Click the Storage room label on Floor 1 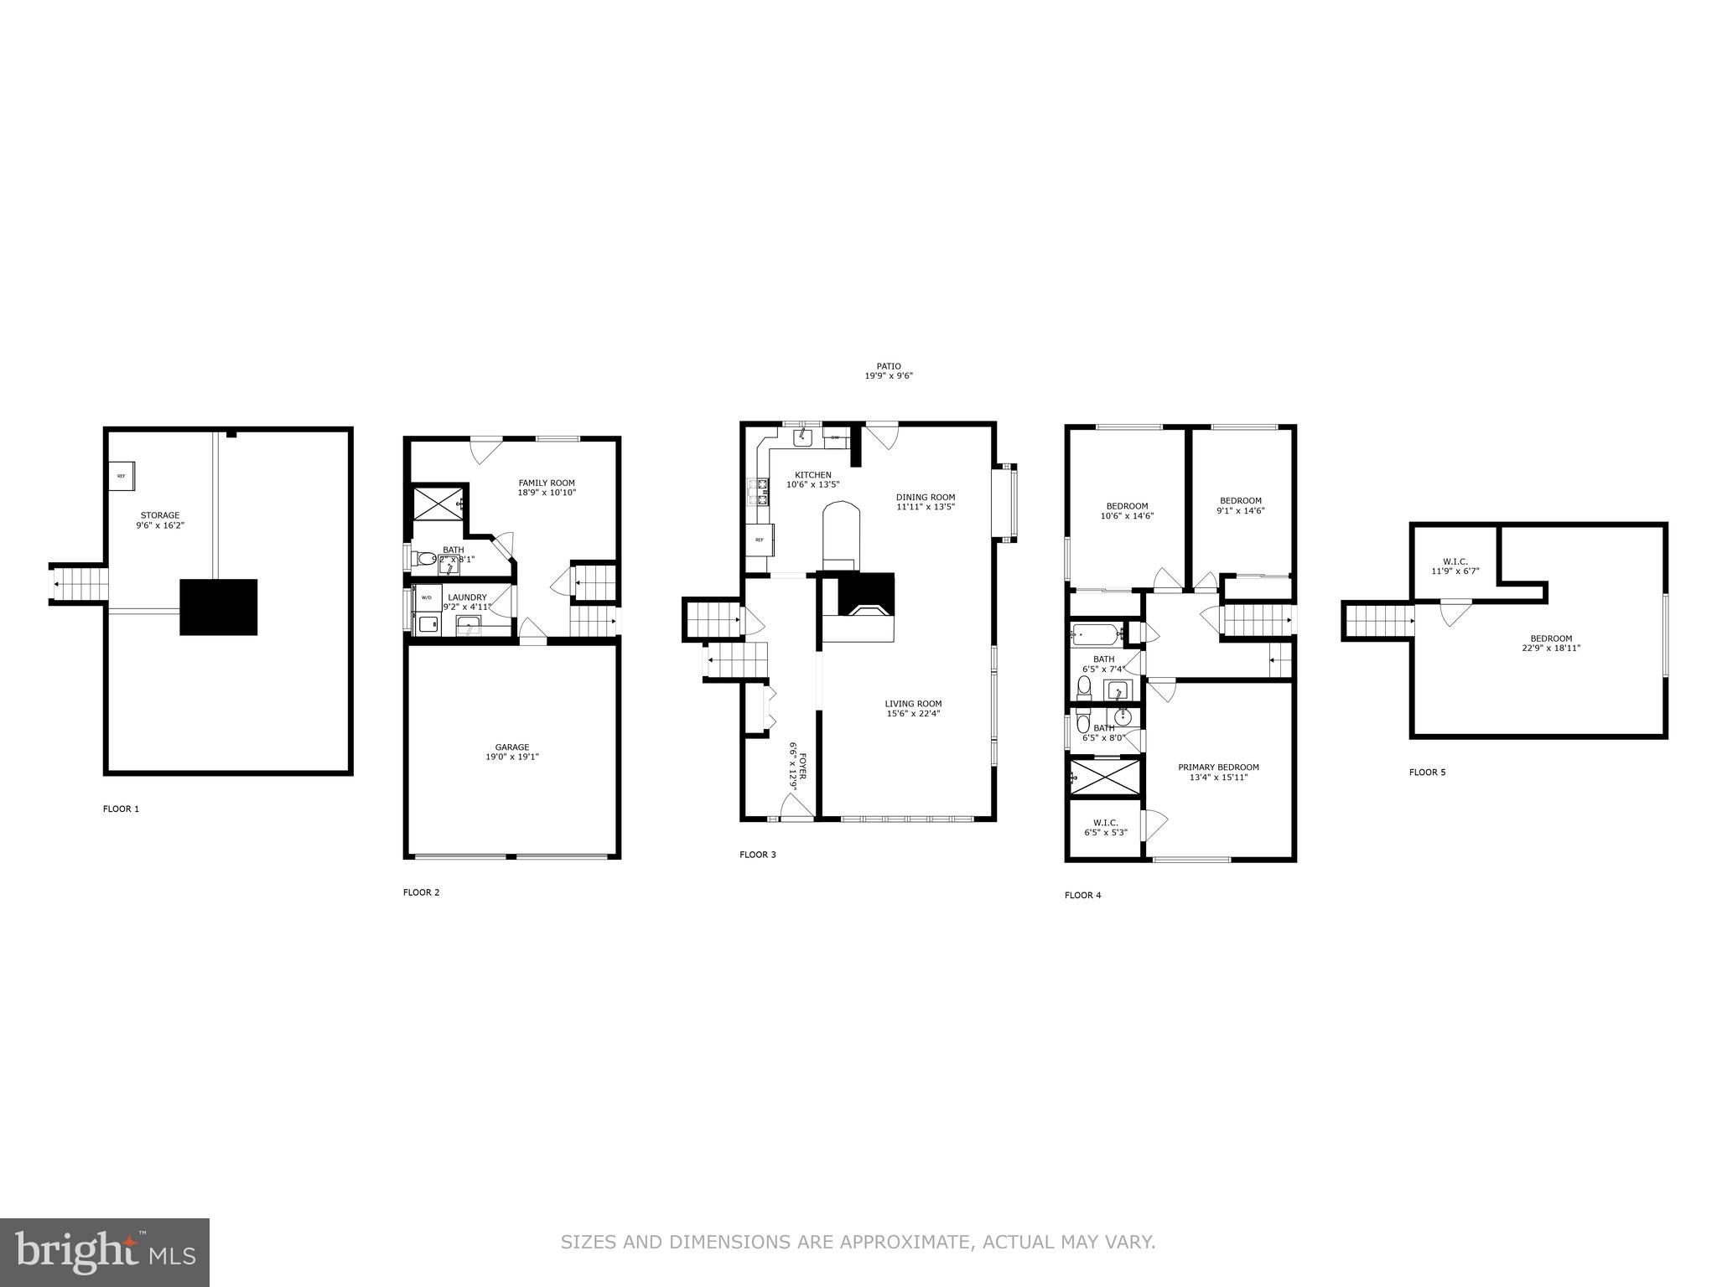pos(159,520)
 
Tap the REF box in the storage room pos(122,476)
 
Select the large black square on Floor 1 pos(218,607)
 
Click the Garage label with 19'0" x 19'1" pos(511,752)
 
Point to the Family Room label pos(547,488)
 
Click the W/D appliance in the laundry pos(427,597)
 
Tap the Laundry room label pos(467,602)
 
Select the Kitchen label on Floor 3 pos(812,479)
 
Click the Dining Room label pos(926,501)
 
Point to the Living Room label pos(913,708)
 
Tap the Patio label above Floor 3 pos(889,371)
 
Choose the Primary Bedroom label pos(1218,772)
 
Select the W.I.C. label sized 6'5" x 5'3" pos(1105,827)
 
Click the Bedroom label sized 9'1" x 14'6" pos(1240,505)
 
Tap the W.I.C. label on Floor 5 pos(1455,566)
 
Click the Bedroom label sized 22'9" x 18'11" pos(1551,643)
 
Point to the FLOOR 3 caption pos(757,855)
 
